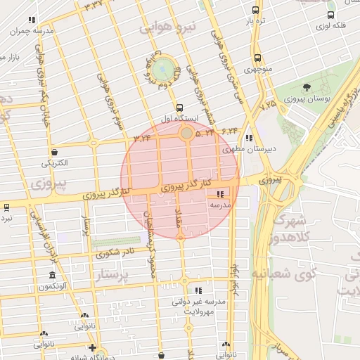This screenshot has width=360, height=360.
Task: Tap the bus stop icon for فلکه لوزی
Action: point(330,15)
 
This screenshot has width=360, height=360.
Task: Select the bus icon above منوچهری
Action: point(257,58)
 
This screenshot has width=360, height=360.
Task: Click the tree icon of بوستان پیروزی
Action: point(307,87)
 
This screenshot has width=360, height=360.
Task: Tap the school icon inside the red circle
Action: point(221,194)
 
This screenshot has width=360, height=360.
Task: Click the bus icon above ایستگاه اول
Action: point(180,108)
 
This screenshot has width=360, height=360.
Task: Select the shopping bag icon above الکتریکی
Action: point(54,152)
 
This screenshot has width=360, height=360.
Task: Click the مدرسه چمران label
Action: point(32,32)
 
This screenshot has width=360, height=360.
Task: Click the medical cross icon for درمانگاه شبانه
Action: point(91,347)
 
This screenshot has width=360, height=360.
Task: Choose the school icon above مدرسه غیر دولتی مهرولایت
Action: point(198,290)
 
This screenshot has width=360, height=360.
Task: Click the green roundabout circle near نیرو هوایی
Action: point(163,69)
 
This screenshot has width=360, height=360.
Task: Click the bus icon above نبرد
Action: point(6,207)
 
